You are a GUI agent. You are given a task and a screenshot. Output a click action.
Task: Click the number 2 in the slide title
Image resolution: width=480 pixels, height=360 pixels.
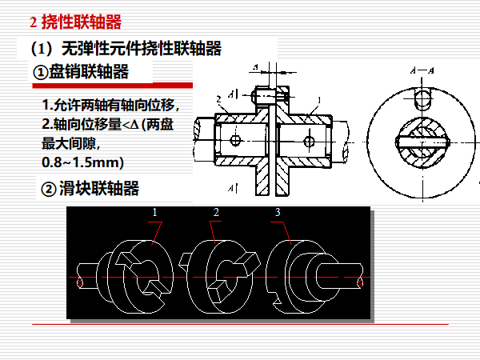coord(33,21)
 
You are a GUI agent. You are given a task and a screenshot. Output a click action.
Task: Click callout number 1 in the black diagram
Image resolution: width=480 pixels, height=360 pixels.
coord(156,212)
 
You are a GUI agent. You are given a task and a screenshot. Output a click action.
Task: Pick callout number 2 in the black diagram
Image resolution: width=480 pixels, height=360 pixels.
coord(216,212)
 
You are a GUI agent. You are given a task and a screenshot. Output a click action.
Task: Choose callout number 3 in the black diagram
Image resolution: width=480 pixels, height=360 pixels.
coord(277,212)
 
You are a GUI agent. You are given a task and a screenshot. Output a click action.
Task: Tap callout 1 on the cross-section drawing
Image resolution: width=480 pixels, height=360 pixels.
coord(318,101)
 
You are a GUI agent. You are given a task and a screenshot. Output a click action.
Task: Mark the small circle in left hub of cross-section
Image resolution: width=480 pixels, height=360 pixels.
coord(234,140)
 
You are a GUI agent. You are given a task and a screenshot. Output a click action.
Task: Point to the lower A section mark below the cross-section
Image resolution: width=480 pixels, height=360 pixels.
coord(231,189)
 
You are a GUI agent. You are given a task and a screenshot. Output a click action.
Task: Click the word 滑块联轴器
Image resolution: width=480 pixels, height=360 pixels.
coord(99,190)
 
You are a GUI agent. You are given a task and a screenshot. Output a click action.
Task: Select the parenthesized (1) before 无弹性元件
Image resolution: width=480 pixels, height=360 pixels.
coord(39,49)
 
